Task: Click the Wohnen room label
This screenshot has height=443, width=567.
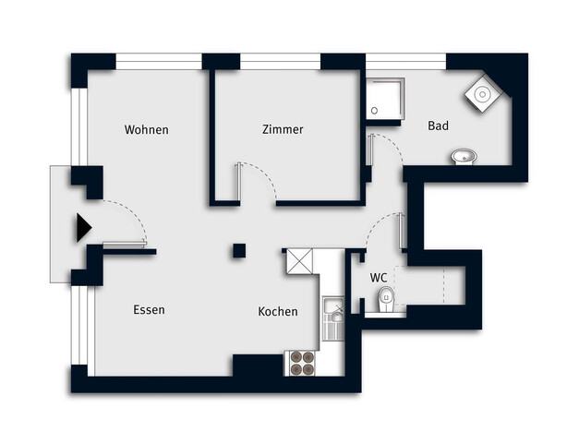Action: pyautogui.click(x=147, y=130)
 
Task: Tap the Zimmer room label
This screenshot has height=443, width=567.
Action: pyautogui.click(x=283, y=129)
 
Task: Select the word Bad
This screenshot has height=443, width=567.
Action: pyautogui.click(x=439, y=126)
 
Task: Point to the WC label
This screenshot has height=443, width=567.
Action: pyautogui.click(x=379, y=278)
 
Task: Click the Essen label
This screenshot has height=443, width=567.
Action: pyautogui.click(x=149, y=310)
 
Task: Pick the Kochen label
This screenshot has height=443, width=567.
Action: pyautogui.click(x=278, y=311)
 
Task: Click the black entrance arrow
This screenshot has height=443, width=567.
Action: pyautogui.click(x=84, y=228)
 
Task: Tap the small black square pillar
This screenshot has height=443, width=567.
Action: pyautogui.click(x=239, y=251)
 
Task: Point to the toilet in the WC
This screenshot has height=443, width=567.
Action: pyautogui.click(x=386, y=298)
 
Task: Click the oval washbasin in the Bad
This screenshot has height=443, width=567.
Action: pyautogui.click(x=464, y=156)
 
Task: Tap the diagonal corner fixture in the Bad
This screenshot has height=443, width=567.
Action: pyautogui.click(x=483, y=94)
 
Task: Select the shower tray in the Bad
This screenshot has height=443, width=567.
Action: pyautogui.click(x=385, y=98)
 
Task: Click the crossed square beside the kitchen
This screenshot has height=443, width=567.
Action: pyautogui.click(x=299, y=261)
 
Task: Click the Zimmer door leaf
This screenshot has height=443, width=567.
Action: pyautogui.click(x=238, y=182)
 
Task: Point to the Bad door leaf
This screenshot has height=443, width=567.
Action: pyautogui.click(x=370, y=150)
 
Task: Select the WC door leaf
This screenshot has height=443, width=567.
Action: pyautogui.click(x=401, y=231)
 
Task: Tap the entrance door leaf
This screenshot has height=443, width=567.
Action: pyautogui.click(x=125, y=245)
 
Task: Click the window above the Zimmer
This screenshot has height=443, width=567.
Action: pyautogui.click(x=280, y=62)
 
